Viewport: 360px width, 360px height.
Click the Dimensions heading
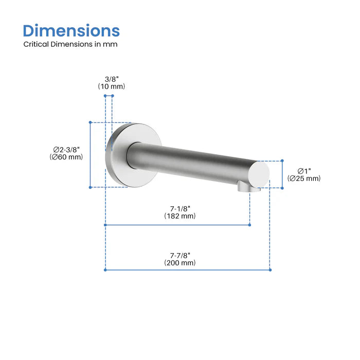tap(71, 30)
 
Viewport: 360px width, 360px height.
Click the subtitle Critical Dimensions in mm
tap(70, 44)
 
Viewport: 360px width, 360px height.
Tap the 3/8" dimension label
tap(111, 79)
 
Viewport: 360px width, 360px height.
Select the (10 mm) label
tap(111, 86)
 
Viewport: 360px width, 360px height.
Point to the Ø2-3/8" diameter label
tap(66, 149)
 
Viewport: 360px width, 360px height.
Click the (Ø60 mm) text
tap(66, 157)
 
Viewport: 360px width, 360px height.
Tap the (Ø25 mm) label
tap(303, 178)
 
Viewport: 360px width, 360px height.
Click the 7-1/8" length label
tap(180, 208)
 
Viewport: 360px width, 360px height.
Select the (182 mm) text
tap(180, 216)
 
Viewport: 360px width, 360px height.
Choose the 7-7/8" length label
tap(180, 255)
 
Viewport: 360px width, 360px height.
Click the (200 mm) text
tap(180, 262)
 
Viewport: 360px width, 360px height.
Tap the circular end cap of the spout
tap(260, 173)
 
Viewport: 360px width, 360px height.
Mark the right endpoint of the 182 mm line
tap(250, 225)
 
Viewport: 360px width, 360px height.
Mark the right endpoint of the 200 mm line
tap(270, 269)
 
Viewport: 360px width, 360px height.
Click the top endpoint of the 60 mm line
tap(90, 122)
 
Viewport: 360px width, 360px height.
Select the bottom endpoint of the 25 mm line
tap(282, 188)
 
